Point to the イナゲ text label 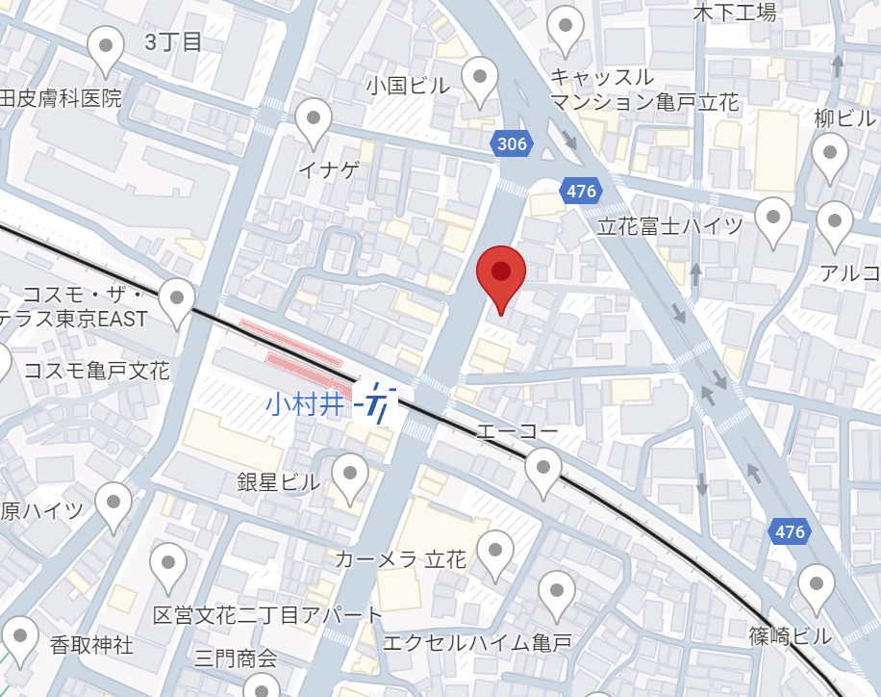pyautogui.click(x=329, y=170)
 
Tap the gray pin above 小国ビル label pyautogui.click(x=480, y=80)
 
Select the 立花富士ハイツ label pyautogui.click(x=670, y=226)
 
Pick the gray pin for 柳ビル pyautogui.click(x=829, y=156)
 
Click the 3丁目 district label pyautogui.click(x=173, y=41)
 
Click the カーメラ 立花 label pyautogui.click(x=400, y=559)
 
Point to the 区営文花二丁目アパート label pyautogui.click(x=267, y=614)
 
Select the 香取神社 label pyautogui.click(x=92, y=644)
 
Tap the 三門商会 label pyautogui.click(x=236, y=658)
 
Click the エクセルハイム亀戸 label pyautogui.click(x=477, y=642)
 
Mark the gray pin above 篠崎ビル pyautogui.click(x=817, y=587)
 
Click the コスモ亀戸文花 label pyautogui.click(x=96, y=371)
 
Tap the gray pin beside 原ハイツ pyautogui.click(x=113, y=505)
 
